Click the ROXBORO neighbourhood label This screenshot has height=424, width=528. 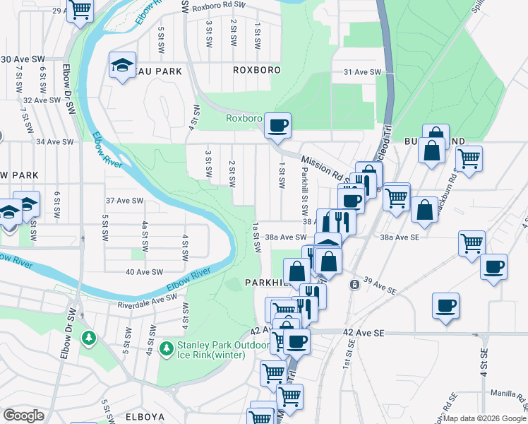coord(257,71)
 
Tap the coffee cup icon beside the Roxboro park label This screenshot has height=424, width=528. coord(277,125)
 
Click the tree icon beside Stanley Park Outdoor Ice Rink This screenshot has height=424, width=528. coord(167,348)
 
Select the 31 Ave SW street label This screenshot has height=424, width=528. coord(362,73)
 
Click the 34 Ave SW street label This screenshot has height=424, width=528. coord(55,142)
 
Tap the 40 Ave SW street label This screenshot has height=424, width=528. coord(144,271)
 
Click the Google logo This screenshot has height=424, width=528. coord(23,416)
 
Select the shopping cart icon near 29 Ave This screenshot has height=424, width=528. coord(80,10)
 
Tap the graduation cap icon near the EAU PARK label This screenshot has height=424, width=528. coord(122,65)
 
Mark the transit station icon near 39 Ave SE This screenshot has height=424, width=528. coord(353,284)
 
